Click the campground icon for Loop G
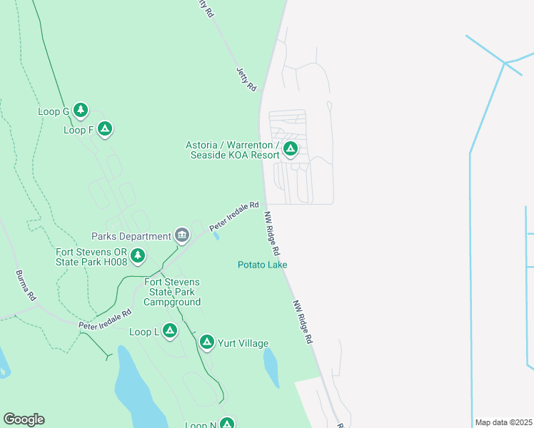[81, 110]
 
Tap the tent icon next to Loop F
[105, 128]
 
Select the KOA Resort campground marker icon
[290, 148]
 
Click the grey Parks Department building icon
[182, 235]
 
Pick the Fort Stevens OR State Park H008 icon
[138, 255]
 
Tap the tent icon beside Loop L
[169, 330]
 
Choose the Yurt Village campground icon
[206, 342]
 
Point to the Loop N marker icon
[226, 424]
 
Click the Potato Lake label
[262, 265]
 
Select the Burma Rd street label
[26, 285]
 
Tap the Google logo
[24, 419]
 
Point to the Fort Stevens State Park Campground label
[172, 292]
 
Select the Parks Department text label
[131, 236]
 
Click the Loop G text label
[54, 111]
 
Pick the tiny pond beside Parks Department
[216, 237]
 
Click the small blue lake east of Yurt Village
[271, 368]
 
